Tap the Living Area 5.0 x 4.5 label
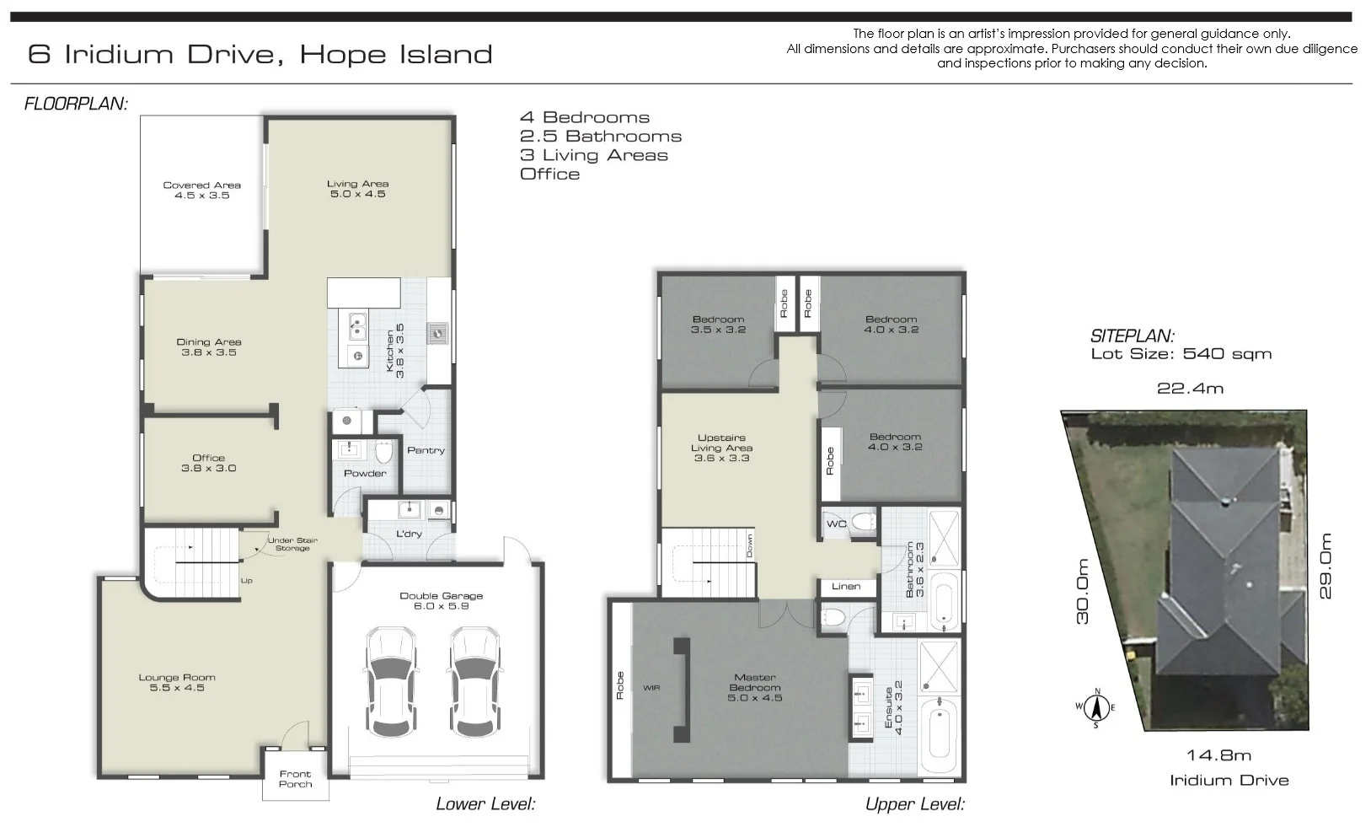(x=357, y=188)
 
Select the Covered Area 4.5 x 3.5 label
(x=202, y=190)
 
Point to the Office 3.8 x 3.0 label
(x=208, y=463)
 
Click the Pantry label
(x=426, y=450)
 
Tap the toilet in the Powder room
(x=384, y=454)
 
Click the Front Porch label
(x=295, y=779)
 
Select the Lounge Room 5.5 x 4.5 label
(x=177, y=682)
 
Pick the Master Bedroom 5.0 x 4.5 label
(x=755, y=687)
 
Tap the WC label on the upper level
(x=836, y=524)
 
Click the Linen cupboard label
(x=846, y=587)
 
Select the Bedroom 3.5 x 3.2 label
(x=718, y=325)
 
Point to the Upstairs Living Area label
(x=721, y=448)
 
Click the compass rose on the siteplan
(x=1096, y=707)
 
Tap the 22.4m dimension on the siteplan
(x=1190, y=388)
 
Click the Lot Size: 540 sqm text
(x=1181, y=354)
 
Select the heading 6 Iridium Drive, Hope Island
(x=260, y=55)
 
